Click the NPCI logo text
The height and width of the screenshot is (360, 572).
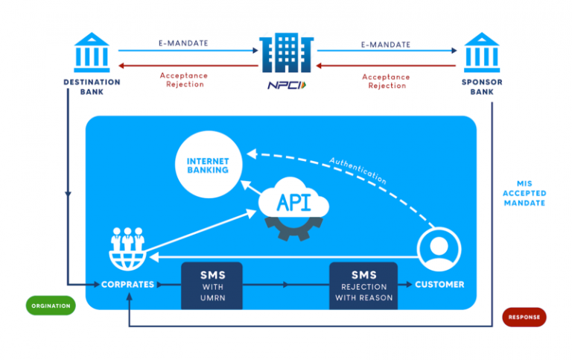pos(287,86)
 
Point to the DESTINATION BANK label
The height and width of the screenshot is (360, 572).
pos(92,86)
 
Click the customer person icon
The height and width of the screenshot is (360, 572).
pos(439,250)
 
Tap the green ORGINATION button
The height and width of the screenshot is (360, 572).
pos(51,306)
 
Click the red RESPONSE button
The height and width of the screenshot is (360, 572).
pos(524,317)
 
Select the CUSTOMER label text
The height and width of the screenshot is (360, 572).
pos(439,284)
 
